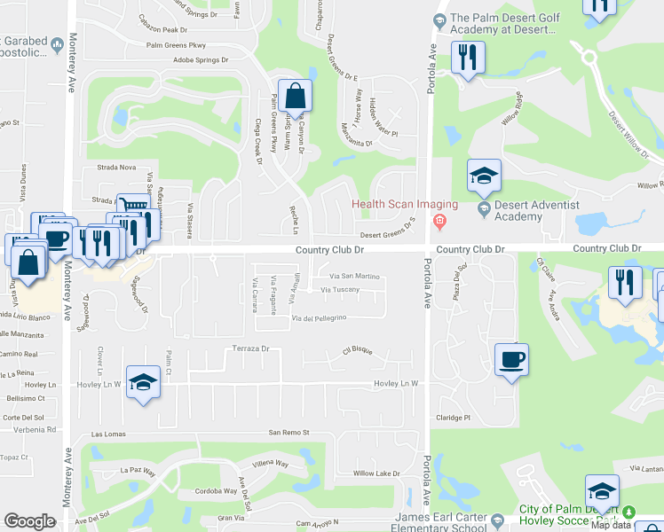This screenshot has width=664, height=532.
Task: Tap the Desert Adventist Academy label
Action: pyautogui.click(x=529, y=211)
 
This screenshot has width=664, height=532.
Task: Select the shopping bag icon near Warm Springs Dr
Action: pyautogui.click(x=298, y=96)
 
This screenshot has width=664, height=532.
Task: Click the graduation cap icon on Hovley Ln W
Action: pyautogui.click(x=142, y=382)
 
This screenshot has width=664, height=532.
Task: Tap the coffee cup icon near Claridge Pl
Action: pyautogui.click(x=511, y=360)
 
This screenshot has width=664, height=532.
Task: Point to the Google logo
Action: pyautogui.click(x=30, y=521)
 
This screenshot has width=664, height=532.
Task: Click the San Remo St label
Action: pyautogui.click(x=289, y=433)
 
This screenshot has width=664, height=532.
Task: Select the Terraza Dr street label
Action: pyautogui.click(x=250, y=349)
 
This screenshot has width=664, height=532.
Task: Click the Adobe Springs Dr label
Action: pyautogui.click(x=201, y=61)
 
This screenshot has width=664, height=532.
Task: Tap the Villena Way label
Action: pyautogui.click(x=271, y=464)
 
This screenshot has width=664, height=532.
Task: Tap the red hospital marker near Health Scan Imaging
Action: pyautogui.click(x=439, y=222)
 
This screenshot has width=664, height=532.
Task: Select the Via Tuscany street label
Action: pyautogui.click(x=340, y=290)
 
